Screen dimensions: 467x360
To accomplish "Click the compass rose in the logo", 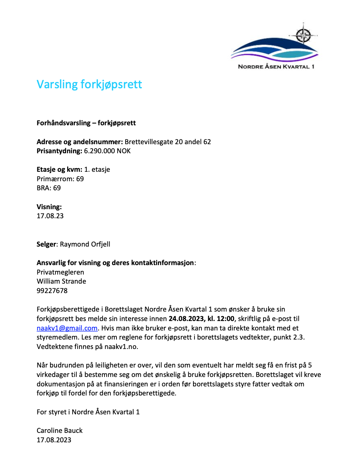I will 303,35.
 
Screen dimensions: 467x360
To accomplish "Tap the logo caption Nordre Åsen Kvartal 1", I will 276,66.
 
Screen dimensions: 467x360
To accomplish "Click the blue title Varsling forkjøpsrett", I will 89,84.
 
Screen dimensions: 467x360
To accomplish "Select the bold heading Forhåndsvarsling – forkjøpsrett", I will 86,123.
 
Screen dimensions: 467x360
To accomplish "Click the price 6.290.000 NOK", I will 107,151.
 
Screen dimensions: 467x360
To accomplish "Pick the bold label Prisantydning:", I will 60,151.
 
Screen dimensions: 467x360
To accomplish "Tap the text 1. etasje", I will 97,169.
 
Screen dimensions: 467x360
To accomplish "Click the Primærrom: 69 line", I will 60,179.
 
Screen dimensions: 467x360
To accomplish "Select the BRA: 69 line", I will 49,188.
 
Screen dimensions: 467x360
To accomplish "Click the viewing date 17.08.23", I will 50,216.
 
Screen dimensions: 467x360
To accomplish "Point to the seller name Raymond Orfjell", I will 85,244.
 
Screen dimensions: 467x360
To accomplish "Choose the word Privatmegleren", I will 60,272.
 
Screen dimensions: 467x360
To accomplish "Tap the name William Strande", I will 61,281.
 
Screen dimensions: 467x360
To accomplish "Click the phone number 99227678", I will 52,291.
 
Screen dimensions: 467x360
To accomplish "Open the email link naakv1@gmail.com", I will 67,328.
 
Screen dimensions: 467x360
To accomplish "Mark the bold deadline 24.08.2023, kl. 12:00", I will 201,318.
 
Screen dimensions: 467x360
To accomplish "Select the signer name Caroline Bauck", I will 60,430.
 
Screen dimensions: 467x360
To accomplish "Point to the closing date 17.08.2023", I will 54,440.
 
